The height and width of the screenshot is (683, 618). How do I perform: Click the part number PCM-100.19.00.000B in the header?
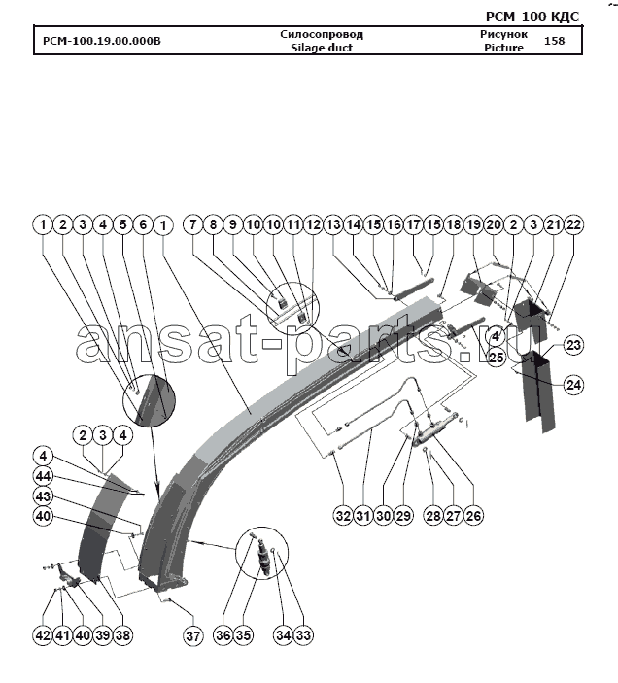pyautogui.click(x=102, y=41)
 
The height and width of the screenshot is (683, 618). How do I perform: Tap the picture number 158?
pyautogui.click(x=555, y=41)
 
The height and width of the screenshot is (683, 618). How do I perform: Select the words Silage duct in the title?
pyautogui.click(x=322, y=48)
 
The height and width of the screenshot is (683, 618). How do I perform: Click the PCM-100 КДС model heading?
pyautogui.click(x=532, y=17)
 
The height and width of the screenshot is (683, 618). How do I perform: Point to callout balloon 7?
pyautogui.click(x=193, y=224)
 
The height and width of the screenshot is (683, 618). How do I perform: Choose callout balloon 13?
pyautogui.click(x=333, y=224)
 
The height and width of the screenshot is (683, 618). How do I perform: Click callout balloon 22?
pyautogui.click(x=573, y=224)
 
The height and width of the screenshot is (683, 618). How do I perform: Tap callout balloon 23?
pyautogui.click(x=573, y=345)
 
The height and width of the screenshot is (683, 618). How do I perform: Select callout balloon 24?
pyautogui.click(x=573, y=385)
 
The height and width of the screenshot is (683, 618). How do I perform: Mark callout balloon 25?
pyautogui.click(x=497, y=358)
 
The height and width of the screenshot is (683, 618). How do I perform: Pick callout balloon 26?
pyautogui.click(x=473, y=516)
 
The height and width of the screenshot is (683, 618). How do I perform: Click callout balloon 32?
pyautogui.click(x=343, y=516)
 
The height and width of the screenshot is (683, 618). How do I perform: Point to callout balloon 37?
pyautogui.click(x=193, y=635)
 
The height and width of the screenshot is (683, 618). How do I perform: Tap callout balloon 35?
pyautogui.click(x=243, y=635)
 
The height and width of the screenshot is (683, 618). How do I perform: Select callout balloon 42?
pyautogui.click(x=43, y=635)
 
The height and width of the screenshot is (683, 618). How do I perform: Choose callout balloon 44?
pyautogui.click(x=43, y=476)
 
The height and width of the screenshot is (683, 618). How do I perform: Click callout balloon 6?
pyautogui.click(x=143, y=224)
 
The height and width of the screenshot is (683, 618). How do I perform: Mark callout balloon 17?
pyautogui.click(x=413, y=224)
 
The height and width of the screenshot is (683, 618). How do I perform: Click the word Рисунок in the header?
pyautogui.click(x=504, y=34)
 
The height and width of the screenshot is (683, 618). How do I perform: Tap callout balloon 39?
pyautogui.click(x=103, y=635)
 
